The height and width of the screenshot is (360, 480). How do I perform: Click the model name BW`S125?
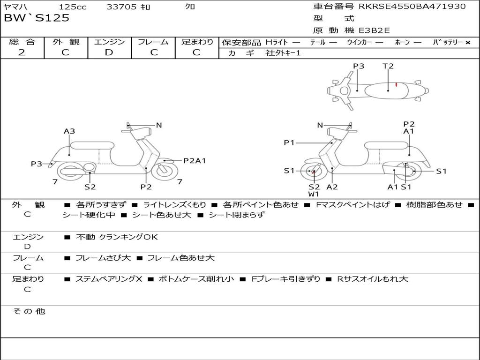[37, 18]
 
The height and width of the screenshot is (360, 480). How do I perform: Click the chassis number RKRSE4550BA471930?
[412, 7]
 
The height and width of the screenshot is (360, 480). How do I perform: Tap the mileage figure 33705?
[121, 7]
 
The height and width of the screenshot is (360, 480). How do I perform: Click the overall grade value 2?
[22, 52]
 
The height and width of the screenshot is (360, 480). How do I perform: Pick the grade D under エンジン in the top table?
[109, 52]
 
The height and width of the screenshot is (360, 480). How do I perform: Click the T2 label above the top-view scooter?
[388, 66]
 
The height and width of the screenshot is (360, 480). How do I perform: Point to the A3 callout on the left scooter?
[69, 131]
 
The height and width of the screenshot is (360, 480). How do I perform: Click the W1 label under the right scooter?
[314, 194]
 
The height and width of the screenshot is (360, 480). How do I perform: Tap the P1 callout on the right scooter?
[289, 142]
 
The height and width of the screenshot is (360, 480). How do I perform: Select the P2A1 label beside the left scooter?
[195, 161]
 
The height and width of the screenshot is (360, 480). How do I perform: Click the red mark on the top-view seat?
[396, 84]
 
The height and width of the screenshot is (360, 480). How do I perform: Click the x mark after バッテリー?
[468, 43]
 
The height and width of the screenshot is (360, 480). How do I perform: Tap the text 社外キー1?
[283, 53]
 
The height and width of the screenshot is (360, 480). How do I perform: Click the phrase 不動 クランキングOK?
[117, 237]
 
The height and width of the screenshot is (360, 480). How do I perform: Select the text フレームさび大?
[103, 258]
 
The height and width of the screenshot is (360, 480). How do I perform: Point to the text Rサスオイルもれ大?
[373, 279]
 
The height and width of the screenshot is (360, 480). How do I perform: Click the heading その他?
[29, 311]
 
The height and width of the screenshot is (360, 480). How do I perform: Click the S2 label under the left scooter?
[90, 187]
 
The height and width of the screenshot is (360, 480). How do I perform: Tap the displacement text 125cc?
[73, 7]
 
